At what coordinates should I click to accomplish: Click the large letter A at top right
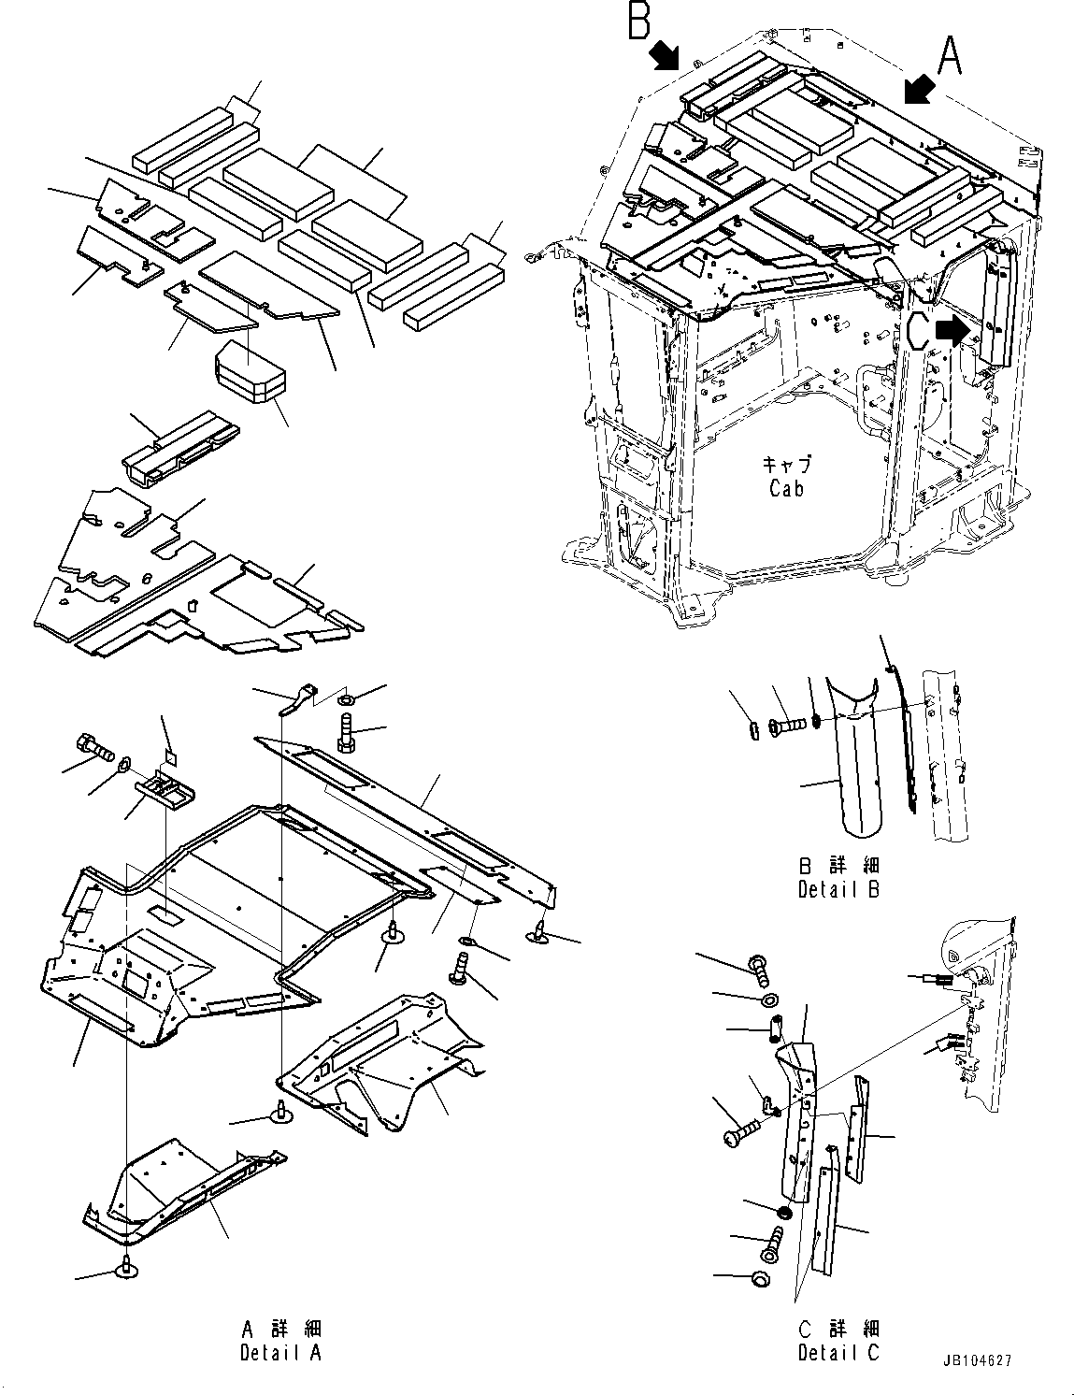click(x=950, y=55)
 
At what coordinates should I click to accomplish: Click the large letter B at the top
click(x=639, y=21)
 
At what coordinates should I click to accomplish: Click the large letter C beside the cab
click(x=917, y=330)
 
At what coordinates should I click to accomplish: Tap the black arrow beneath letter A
click(x=919, y=92)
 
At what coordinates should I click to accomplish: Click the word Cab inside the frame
click(x=786, y=488)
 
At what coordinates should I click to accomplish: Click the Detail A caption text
click(x=279, y=1353)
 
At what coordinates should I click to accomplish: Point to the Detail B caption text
click(x=838, y=889)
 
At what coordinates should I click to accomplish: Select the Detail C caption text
click(x=838, y=1353)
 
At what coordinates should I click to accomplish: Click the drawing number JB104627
click(x=978, y=1362)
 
